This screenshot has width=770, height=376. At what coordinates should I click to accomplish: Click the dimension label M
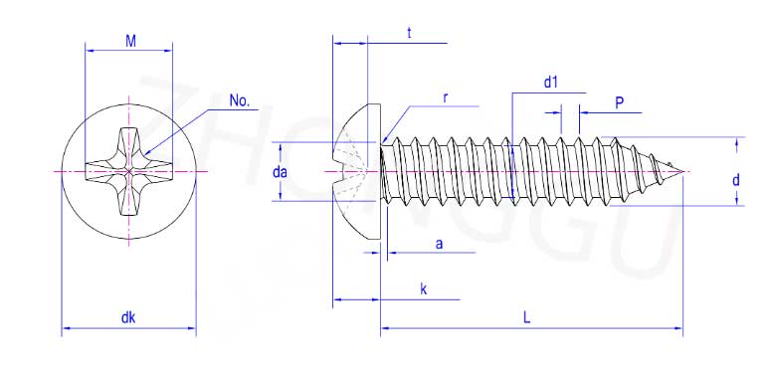130,41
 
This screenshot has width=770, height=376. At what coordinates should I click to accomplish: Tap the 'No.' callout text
240,101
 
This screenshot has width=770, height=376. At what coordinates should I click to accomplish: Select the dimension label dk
128,317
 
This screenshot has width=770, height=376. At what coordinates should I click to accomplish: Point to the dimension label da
280,172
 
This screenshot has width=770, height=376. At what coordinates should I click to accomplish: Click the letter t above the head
409,33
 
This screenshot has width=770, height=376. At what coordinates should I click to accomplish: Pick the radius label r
446,97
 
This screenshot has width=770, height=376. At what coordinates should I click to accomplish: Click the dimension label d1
551,83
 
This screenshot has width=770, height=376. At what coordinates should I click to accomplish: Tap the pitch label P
620,102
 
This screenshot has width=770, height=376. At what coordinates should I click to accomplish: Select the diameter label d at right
735,180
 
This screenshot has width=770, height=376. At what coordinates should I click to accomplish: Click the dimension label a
440,244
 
